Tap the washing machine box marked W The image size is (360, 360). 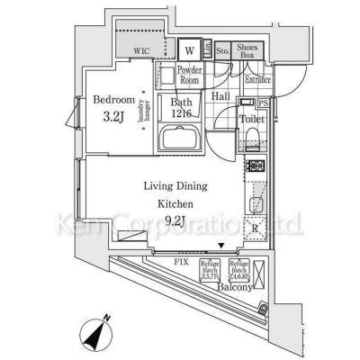(x=189, y=49)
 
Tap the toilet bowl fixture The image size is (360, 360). (x=252, y=135)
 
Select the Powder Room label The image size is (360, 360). (x=189, y=74)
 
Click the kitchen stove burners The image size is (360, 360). (x=256, y=167)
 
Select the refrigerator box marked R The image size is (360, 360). (x=256, y=228)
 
